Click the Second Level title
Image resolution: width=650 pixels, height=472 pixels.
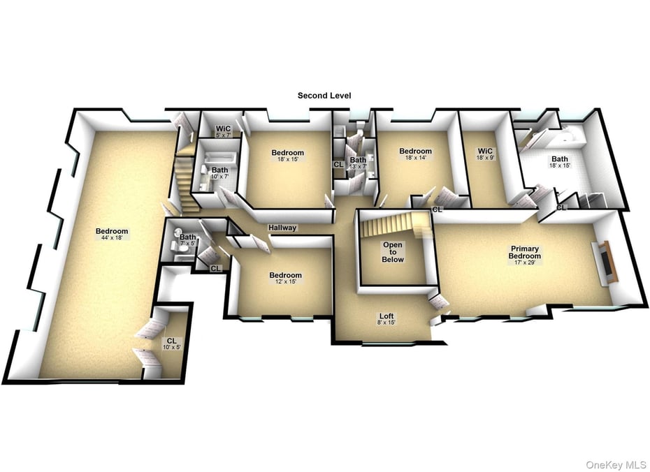[x=324, y=96]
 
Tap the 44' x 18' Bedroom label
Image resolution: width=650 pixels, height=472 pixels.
[x=112, y=235]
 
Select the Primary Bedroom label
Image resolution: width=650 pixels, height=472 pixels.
[x=526, y=253]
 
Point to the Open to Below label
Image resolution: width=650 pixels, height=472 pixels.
[x=393, y=252]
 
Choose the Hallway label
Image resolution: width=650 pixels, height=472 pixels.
[x=282, y=228]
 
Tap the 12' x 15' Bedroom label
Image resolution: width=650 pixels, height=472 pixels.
[x=286, y=279]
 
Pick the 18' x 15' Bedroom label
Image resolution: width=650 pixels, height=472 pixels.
[x=288, y=156]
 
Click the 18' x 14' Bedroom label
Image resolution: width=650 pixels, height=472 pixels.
[x=415, y=154]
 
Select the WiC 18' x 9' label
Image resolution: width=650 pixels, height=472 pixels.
[x=486, y=154]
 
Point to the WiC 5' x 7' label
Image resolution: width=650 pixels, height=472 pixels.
[x=224, y=131]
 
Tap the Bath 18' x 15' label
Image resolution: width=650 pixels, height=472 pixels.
[x=560, y=162]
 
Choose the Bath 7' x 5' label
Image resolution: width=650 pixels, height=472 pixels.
[x=187, y=239]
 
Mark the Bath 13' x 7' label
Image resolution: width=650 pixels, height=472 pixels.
[x=358, y=163]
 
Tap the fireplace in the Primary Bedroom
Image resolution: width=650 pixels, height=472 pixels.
[x=605, y=262]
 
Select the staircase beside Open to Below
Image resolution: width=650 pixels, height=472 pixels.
[x=395, y=226]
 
